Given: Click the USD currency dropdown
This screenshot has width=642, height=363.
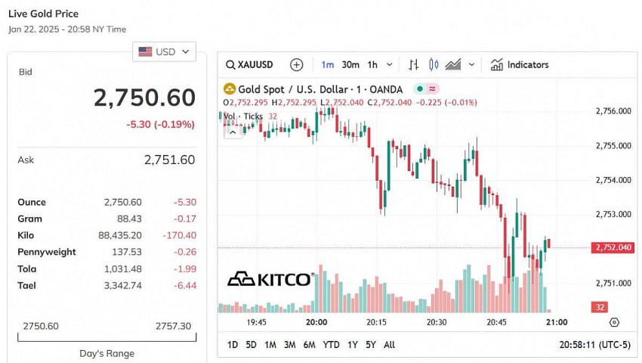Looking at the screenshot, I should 165,51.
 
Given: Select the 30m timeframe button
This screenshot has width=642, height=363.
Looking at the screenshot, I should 350,64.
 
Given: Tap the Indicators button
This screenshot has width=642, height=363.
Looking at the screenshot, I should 520,64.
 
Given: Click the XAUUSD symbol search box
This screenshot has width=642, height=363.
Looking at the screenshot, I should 250,64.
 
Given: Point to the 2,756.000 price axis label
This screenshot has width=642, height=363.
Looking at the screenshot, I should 613,111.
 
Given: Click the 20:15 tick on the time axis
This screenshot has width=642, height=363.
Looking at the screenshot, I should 376,322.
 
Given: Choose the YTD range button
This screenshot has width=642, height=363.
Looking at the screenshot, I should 331,344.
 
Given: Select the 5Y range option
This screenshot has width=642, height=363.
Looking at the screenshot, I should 370,344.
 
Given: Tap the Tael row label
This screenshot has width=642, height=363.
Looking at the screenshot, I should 27,285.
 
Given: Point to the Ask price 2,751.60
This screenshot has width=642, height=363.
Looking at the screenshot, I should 169,160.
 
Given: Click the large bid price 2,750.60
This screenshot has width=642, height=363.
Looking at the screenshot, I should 144,98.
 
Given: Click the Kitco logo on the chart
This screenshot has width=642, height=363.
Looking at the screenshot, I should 270,279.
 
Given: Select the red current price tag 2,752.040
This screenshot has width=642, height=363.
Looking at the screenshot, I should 613,247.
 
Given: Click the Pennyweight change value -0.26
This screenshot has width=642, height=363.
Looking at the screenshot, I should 183,252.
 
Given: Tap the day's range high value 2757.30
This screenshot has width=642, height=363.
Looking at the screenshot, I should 173,326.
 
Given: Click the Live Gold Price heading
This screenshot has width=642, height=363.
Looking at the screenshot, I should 43,14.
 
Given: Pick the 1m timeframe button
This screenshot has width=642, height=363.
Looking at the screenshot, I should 327,64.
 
